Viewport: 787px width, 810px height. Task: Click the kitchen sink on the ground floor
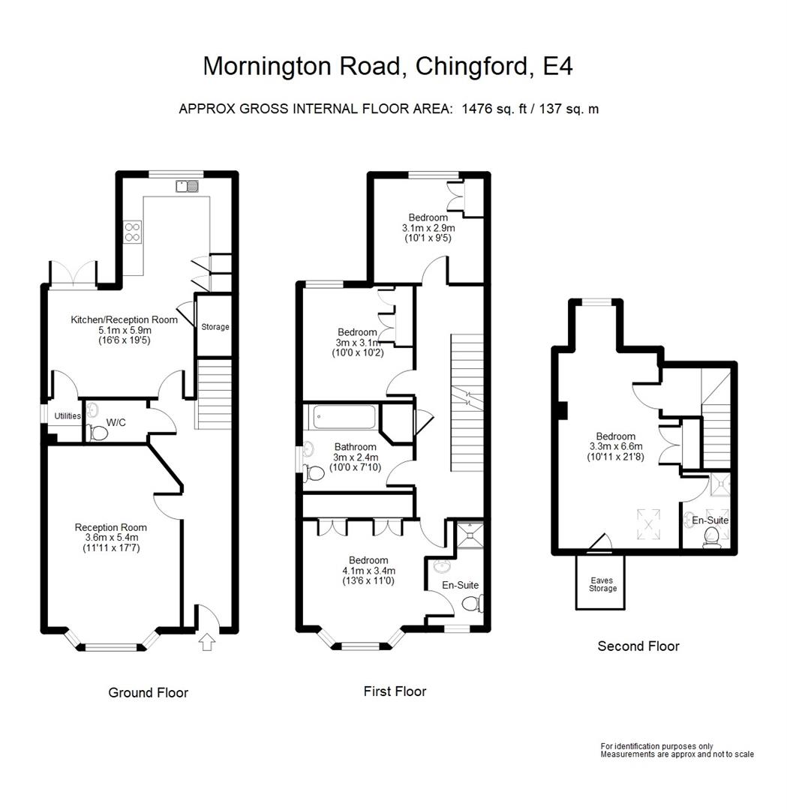[187, 186]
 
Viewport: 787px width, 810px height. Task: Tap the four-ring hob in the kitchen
[133, 231]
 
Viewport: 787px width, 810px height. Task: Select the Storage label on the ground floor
[215, 327]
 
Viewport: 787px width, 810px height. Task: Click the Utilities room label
[68, 416]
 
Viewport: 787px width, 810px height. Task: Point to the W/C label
[116, 422]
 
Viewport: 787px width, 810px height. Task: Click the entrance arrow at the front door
[207, 643]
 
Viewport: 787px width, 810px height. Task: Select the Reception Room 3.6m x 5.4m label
[111, 538]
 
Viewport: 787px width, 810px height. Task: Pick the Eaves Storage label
[602, 583]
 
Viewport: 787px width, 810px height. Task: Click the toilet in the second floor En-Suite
[710, 537]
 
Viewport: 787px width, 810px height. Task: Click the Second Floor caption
[638, 646]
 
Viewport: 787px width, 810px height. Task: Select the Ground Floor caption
[148, 692]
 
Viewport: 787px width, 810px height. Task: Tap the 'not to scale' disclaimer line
[677, 754]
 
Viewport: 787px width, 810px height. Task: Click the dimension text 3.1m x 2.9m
[428, 228]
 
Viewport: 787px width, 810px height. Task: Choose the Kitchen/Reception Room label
[125, 319]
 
